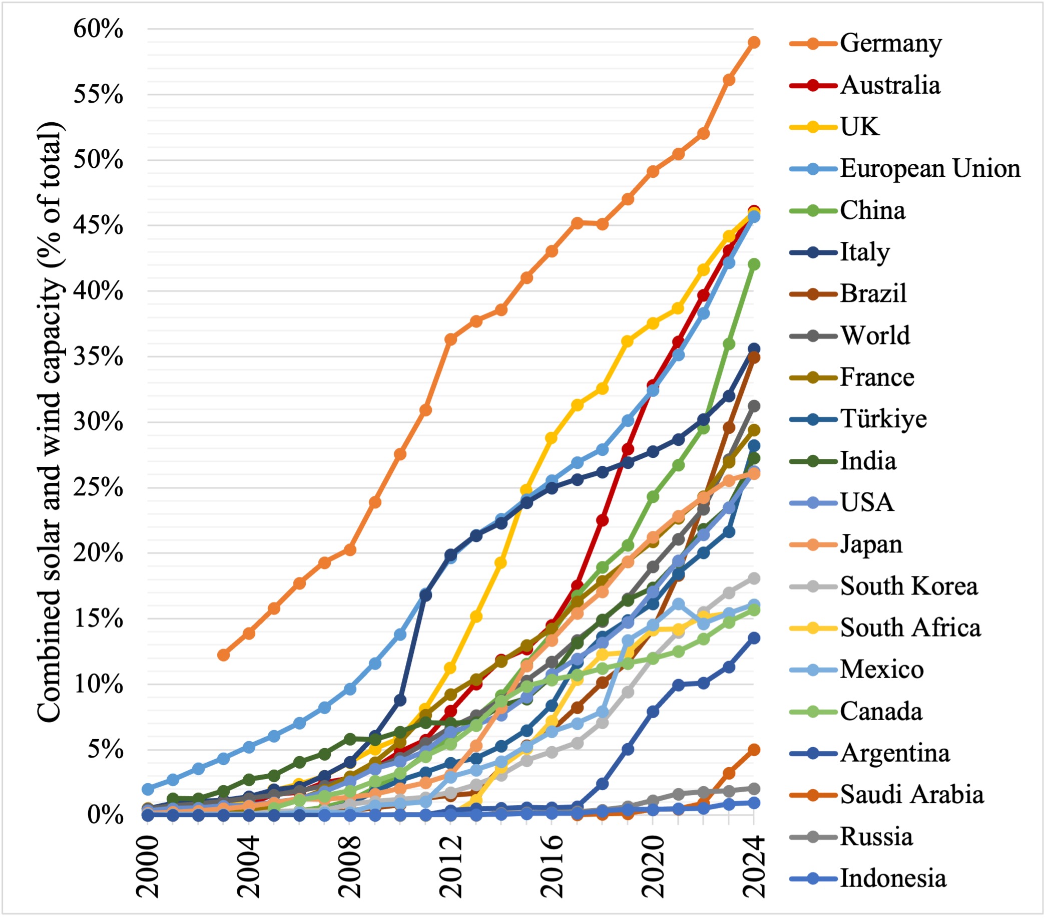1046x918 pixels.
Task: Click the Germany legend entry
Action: [x=890, y=43]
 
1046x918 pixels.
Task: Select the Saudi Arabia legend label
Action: [x=911, y=795]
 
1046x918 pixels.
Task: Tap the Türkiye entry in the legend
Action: [x=883, y=419]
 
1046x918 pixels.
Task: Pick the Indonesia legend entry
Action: [x=893, y=878]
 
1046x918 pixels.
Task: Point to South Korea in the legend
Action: [x=908, y=586]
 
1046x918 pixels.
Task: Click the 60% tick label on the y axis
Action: [x=98, y=29]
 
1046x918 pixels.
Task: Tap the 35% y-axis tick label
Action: [x=98, y=357]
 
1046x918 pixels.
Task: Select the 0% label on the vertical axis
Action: [x=105, y=814]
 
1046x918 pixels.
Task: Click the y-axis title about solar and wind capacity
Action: [x=50, y=422]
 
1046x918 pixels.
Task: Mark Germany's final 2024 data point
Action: [x=754, y=43]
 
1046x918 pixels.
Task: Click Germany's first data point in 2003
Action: [x=224, y=655]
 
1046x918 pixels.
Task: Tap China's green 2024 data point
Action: [x=754, y=264]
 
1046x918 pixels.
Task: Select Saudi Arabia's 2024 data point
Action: [x=754, y=750]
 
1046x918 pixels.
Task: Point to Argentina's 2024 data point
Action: [x=754, y=638]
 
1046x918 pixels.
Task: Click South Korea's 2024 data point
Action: [x=754, y=578]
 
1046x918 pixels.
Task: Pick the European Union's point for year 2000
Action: [x=148, y=789]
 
